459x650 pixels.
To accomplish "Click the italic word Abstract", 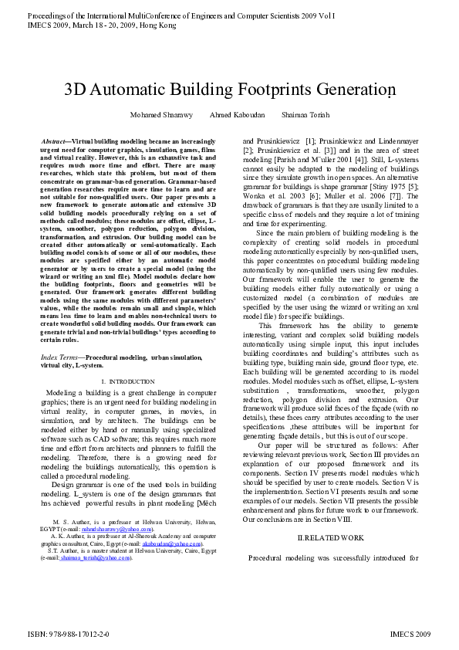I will coord(53,143).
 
